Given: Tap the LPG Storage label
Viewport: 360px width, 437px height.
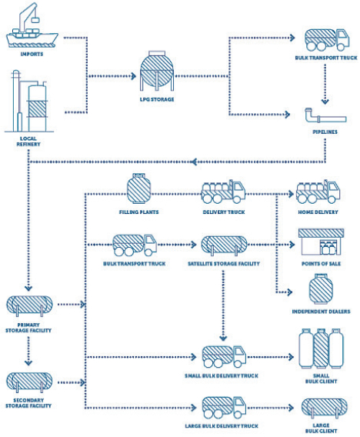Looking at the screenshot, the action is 157,99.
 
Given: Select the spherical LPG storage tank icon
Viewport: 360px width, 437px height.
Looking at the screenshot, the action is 157,71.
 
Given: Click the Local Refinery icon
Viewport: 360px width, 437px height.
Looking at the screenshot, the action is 29,101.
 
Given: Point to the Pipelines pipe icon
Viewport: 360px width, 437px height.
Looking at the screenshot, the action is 325,115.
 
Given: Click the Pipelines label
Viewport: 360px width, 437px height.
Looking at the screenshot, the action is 325,132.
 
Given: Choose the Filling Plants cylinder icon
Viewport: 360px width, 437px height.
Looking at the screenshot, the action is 139,188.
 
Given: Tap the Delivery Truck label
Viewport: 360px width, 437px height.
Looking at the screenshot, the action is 224,212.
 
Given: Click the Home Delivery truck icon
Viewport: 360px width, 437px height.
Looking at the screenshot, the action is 318,192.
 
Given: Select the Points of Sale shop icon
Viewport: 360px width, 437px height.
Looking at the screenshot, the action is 321,242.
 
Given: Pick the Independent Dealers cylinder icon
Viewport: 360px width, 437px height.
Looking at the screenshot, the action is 321,289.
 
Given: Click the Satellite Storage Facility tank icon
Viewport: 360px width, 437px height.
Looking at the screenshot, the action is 225,245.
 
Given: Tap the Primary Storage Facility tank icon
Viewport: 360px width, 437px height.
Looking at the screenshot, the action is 29,306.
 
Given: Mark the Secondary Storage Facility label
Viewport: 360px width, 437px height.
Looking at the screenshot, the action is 28,403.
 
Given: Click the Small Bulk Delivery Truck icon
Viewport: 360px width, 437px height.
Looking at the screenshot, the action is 224,356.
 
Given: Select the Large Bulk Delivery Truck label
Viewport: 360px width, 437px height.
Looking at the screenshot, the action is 222,426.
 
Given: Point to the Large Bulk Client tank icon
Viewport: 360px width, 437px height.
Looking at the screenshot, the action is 325,408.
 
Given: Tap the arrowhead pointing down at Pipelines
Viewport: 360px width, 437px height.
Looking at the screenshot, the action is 325,102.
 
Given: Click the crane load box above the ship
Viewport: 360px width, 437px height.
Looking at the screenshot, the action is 35,20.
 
